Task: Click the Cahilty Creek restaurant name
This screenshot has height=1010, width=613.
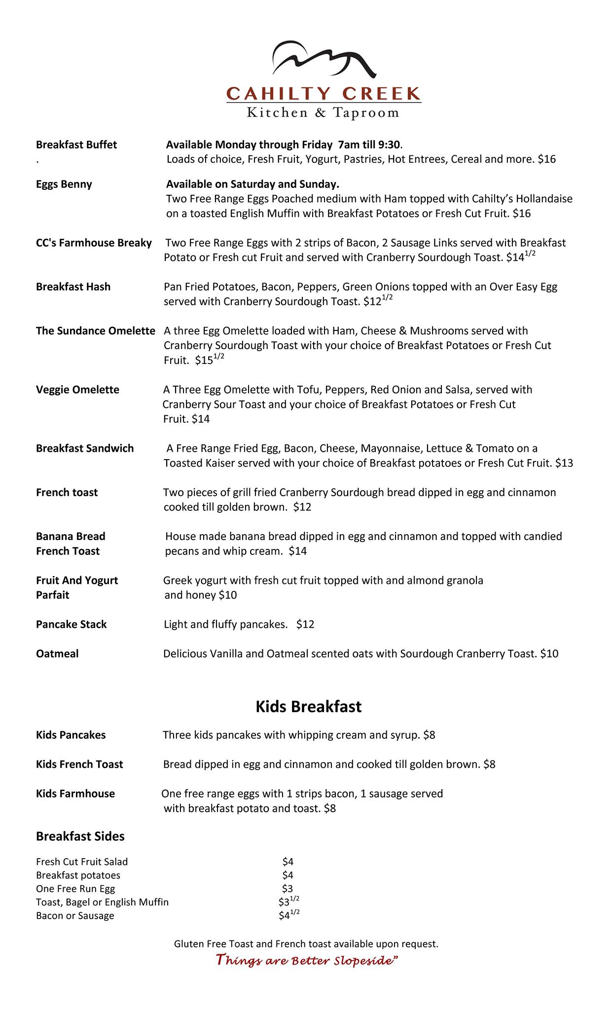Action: click(324, 93)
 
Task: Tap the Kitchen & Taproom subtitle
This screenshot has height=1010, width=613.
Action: click(323, 113)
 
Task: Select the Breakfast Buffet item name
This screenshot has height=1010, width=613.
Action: click(76, 144)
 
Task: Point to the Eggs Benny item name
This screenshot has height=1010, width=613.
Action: click(64, 184)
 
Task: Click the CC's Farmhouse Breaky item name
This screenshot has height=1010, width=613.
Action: click(94, 243)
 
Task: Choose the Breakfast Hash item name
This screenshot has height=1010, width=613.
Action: click(73, 287)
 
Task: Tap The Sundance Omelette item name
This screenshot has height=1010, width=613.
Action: click(96, 330)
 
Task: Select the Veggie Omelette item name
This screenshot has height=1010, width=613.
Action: click(77, 390)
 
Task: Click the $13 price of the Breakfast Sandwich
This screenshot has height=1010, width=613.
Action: click(564, 463)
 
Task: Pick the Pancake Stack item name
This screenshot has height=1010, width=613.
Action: click(71, 624)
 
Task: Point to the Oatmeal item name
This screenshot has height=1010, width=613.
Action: click(57, 654)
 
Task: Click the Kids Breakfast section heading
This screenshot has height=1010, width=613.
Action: click(308, 706)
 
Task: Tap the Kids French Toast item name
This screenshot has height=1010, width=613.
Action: click(79, 764)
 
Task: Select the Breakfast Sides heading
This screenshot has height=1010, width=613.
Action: click(80, 836)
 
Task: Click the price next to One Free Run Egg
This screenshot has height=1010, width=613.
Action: click(288, 889)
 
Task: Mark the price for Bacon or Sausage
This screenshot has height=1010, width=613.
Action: click(288, 916)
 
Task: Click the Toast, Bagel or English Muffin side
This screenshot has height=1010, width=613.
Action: click(102, 902)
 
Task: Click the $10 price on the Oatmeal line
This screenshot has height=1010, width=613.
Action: click(549, 654)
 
